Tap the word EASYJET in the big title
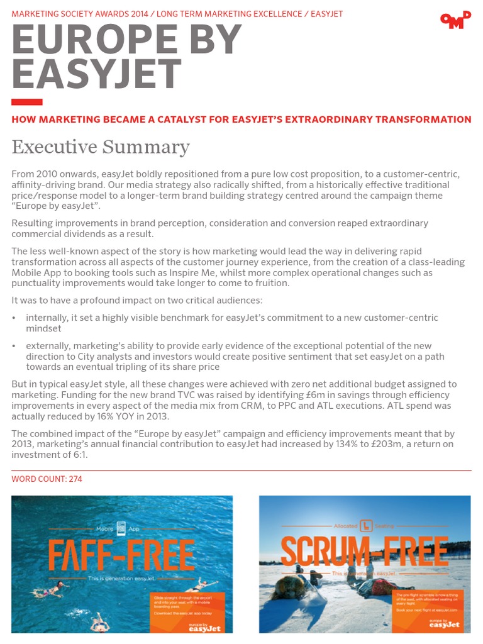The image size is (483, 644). (97, 74)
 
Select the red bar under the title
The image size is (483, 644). (27, 102)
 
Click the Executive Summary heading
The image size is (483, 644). (101, 147)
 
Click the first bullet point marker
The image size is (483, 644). (14, 318)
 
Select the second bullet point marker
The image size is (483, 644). (14, 346)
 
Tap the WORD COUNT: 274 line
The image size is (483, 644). (47, 479)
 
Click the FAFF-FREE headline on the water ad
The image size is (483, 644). (121, 555)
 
